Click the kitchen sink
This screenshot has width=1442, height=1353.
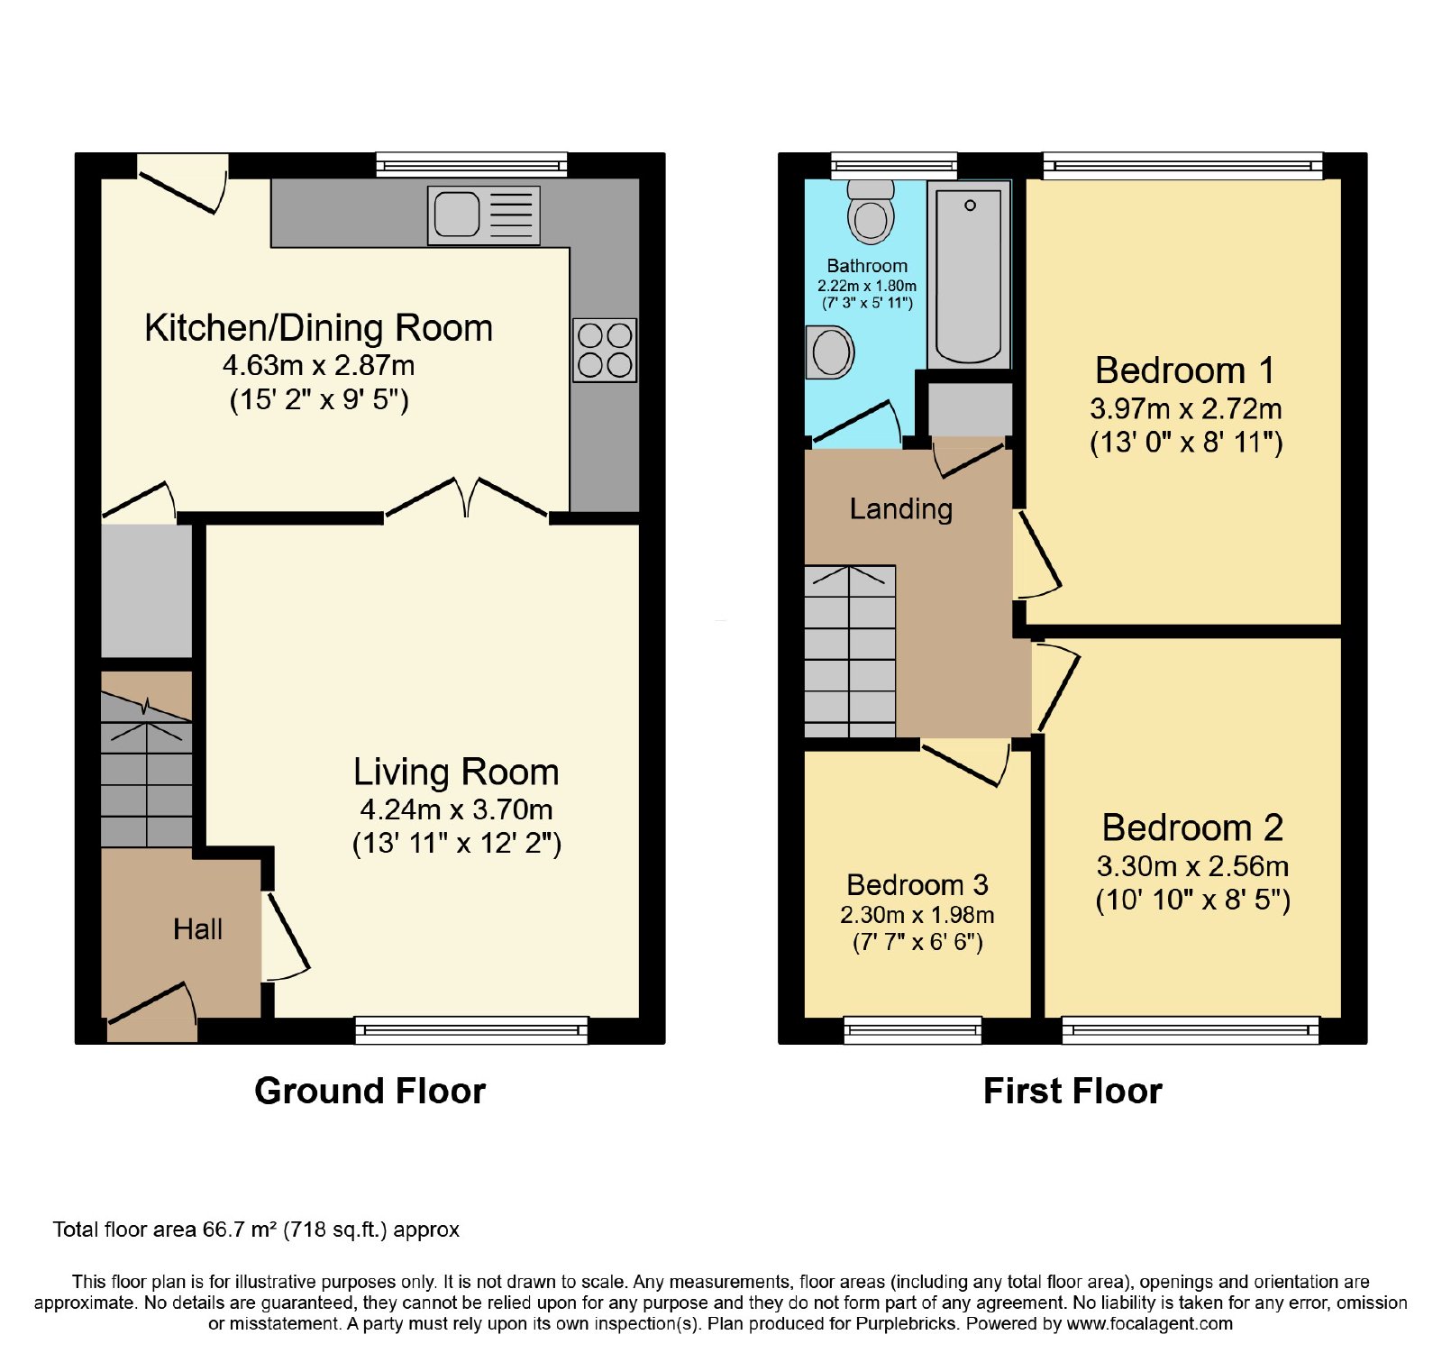pyautogui.click(x=484, y=215)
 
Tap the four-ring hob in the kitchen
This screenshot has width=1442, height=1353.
pyautogui.click(x=605, y=350)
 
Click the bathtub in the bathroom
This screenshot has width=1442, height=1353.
pyautogui.click(x=969, y=274)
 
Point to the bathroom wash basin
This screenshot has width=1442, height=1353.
pyautogui.click(x=830, y=352)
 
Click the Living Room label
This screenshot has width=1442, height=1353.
pyautogui.click(x=456, y=772)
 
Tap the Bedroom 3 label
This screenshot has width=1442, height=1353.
pyautogui.click(x=917, y=885)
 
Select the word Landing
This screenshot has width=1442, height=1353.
pyautogui.click(x=901, y=509)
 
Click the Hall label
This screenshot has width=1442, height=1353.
pyautogui.click(x=198, y=929)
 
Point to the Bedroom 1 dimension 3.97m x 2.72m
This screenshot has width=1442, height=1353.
pyautogui.click(x=1186, y=409)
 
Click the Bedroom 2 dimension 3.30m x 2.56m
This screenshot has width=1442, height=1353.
pyautogui.click(x=1192, y=866)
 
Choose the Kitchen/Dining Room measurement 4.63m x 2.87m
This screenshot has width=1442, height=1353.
pyautogui.click(x=319, y=366)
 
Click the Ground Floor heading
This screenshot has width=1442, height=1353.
pyautogui.click(x=370, y=1092)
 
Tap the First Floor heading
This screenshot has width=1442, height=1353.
pyautogui.click(x=1072, y=1092)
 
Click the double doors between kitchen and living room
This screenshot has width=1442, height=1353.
pyautogui.click(x=466, y=498)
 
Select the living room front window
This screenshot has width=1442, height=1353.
pyautogui.click(x=471, y=1029)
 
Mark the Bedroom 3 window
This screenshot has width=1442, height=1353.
pyautogui.click(x=913, y=1029)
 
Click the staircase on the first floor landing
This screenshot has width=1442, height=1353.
pyautogui.click(x=850, y=652)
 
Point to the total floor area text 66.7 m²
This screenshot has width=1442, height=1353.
pyautogui.click(x=255, y=1230)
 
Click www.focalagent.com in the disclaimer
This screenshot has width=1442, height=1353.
pyautogui.click(x=1150, y=1324)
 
